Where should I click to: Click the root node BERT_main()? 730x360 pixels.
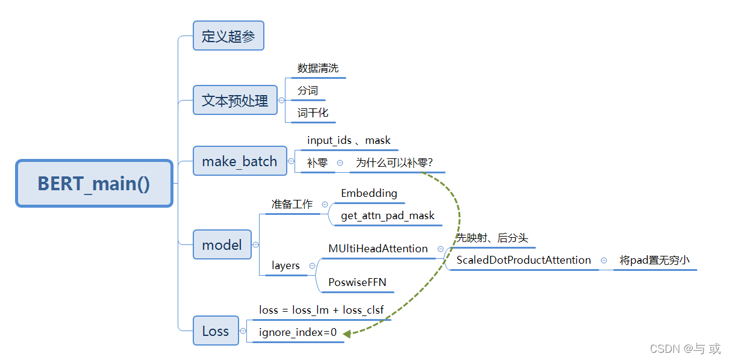tap(94, 184)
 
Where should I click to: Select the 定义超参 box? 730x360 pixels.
tap(228, 36)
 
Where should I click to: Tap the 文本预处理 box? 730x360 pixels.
tap(235, 100)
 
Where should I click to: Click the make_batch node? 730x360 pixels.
tap(240, 161)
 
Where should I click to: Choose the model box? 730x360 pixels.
tap(222, 244)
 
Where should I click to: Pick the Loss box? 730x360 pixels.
tap(216, 331)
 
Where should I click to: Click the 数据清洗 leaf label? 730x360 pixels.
tap(318, 68)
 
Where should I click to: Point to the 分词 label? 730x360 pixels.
tap(308, 91)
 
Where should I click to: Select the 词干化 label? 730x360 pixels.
tap(313, 113)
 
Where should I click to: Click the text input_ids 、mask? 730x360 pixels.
tap(349, 140)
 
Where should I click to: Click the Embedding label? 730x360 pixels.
tap(369, 193)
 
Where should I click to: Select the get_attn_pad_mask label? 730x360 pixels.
tap(387, 216)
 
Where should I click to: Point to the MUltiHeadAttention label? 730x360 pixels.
tap(378, 249)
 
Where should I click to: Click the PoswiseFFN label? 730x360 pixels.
tap(357, 282)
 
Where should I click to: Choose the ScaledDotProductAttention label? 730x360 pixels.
tap(523, 260)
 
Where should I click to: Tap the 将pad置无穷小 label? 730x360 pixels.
tap(654, 261)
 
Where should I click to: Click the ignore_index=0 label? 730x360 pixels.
tap(298, 332)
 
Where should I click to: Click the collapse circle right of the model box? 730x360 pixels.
tap(255, 245)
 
